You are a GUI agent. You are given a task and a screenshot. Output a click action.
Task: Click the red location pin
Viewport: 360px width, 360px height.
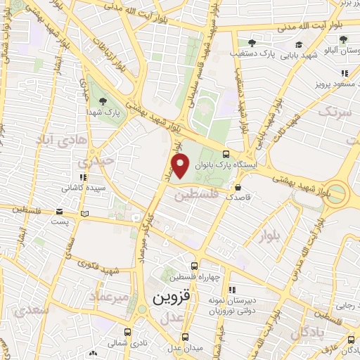(x=181, y=166)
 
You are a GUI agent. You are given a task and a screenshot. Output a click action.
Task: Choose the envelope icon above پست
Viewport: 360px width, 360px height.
(x=63, y=211)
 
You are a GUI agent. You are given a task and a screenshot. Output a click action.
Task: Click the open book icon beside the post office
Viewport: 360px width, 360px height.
(x=85, y=212)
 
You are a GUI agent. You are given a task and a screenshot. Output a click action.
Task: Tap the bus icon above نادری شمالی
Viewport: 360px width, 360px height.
(x=127, y=333)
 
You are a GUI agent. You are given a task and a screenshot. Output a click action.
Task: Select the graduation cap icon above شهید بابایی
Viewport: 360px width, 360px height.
(x=299, y=44)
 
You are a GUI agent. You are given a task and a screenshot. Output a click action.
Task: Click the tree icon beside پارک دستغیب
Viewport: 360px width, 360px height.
(x=252, y=44)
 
